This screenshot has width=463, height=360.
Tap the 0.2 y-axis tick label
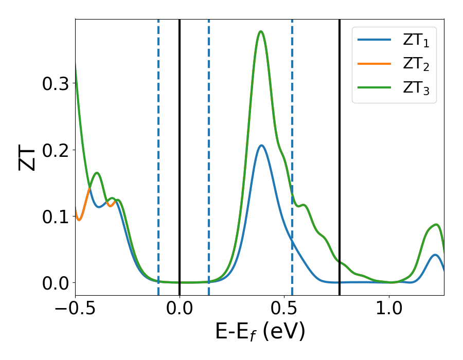tap(55, 150)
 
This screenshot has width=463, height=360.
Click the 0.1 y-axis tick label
tap(55, 216)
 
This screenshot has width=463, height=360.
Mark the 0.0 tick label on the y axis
tap(55, 282)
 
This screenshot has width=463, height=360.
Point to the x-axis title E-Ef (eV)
tap(260, 332)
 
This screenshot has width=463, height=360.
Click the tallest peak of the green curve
tap(261, 32)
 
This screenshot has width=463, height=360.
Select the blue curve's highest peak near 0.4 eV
tap(261, 146)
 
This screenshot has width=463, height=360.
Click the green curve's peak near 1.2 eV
tap(436, 224)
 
